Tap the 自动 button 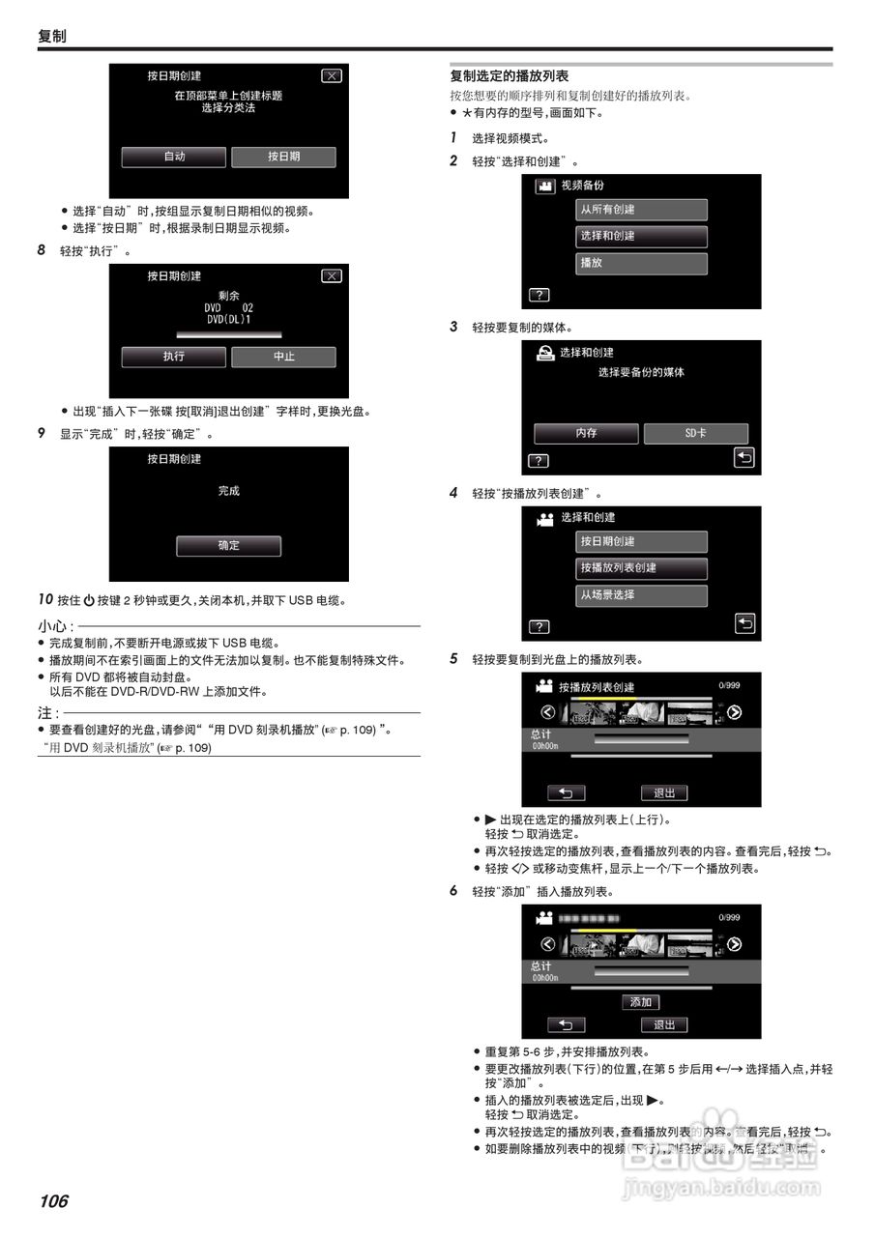point(174,157)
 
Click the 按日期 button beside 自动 point(283,157)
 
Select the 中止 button point(283,357)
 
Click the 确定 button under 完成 point(228,546)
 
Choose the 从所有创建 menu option point(641,210)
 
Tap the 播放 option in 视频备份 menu point(641,263)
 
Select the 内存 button point(586,433)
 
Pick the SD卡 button point(695,433)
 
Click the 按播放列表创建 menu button point(641,568)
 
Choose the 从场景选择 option point(641,595)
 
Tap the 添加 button point(640,1002)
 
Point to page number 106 point(54,1201)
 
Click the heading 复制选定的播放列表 point(509,75)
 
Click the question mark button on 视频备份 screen point(539,295)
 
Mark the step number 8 point(42,250)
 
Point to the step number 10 point(44,600)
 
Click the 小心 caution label point(52,626)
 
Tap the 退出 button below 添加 point(664,1024)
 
